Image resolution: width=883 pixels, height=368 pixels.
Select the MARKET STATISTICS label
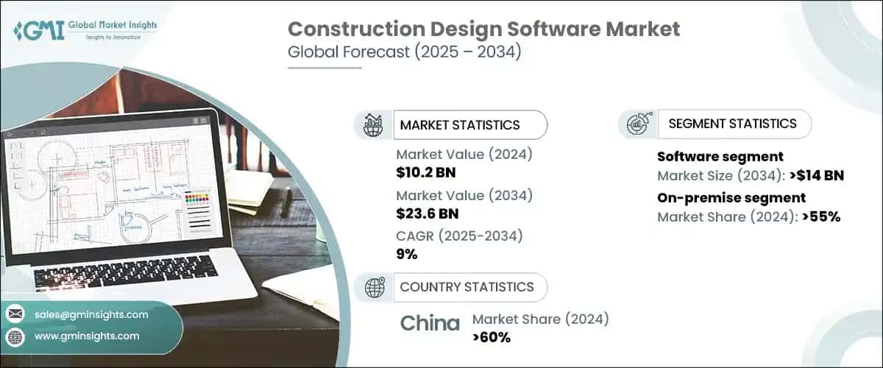pos(459,125)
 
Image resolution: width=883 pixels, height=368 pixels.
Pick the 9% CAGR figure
pos(406,254)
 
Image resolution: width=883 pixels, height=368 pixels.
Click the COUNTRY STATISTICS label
pos(467,287)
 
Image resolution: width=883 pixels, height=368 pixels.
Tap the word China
pos(430,323)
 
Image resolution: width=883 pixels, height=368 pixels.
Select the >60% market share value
pos(492,337)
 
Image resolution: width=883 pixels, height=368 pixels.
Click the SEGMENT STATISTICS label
pos(732,124)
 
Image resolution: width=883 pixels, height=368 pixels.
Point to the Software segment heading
pos(720,157)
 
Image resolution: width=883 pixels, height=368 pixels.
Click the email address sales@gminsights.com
pos(91,314)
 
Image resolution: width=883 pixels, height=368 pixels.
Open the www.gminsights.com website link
pos(87,336)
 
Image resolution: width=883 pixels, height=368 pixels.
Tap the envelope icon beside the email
pos(15,314)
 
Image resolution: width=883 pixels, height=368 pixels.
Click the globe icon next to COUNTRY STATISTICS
pos(375,287)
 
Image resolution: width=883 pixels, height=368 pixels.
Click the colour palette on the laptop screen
pos(198,202)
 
